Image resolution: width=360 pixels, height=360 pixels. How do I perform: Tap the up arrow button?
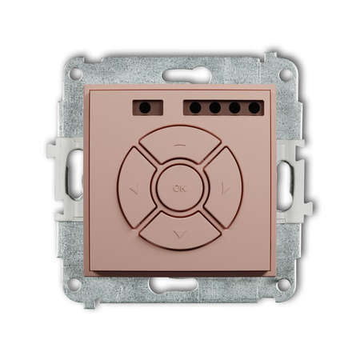[x=180, y=144]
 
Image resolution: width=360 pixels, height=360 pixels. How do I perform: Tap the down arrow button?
[x=180, y=231]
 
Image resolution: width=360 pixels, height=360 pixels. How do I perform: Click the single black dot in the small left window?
[x=145, y=108]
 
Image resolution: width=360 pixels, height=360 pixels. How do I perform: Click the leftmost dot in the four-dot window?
[x=195, y=108]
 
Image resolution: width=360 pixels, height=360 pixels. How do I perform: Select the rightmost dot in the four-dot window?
[x=254, y=108]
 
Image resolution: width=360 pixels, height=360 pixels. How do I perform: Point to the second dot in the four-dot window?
[x=215, y=108]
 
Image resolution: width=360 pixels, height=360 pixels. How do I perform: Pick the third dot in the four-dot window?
[x=234, y=108]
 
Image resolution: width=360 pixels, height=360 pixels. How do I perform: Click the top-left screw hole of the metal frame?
[x=75, y=74]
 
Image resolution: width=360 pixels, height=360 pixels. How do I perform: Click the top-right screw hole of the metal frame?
[x=286, y=74]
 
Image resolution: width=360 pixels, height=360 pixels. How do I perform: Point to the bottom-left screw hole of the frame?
[x=74, y=285]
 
